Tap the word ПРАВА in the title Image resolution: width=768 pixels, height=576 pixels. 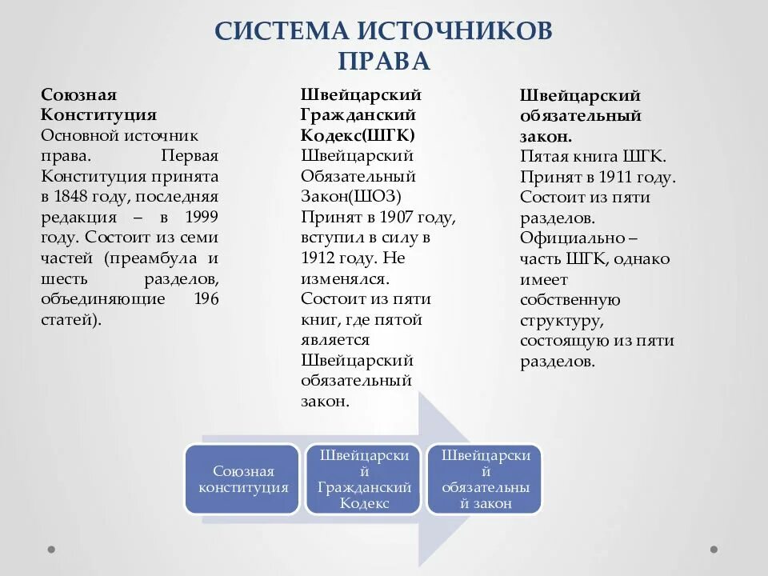[x=384, y=62]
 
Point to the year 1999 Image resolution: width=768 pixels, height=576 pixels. [x=200, y=218]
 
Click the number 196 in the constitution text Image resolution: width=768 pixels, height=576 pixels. [x=206, y=298]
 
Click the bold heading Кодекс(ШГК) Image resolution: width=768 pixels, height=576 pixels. [x=358, y=135]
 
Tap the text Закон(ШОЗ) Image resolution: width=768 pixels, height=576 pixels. [x=350, y=197]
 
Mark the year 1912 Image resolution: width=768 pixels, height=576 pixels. [x=318, y=258]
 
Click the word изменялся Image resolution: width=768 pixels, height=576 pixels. [x=345, y=278]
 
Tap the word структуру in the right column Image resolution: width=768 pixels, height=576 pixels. [x=561, y=321]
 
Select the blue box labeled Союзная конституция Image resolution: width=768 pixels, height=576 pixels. [x=242, y=479]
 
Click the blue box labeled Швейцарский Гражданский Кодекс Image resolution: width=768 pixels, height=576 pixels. [x=363, y=479]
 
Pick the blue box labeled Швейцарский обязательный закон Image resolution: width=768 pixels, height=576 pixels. [x=485, y=479]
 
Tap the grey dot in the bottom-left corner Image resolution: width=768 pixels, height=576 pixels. [x=51, y=550]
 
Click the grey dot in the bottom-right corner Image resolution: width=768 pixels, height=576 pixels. [x=714, y=550]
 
